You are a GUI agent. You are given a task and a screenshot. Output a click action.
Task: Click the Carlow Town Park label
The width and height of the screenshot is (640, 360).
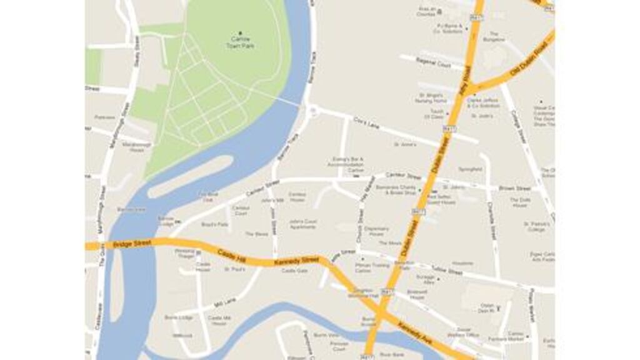click(240, 42)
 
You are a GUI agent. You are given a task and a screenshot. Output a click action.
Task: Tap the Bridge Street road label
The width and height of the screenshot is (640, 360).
click(133, 242)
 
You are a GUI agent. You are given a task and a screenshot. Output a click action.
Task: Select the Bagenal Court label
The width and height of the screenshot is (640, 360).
click(436, 65)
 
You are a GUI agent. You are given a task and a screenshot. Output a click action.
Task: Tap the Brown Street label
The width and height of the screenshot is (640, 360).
click(515, 187)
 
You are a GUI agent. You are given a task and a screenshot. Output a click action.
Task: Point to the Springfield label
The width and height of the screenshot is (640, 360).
click(470, 169)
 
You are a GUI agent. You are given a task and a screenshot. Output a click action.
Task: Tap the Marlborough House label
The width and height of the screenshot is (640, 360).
click(132, 147)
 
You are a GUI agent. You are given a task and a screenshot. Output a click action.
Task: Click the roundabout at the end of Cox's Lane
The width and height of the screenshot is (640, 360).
click(313, 110)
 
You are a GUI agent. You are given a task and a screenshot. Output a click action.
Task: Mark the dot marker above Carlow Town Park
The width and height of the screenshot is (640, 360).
click(240, 32)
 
